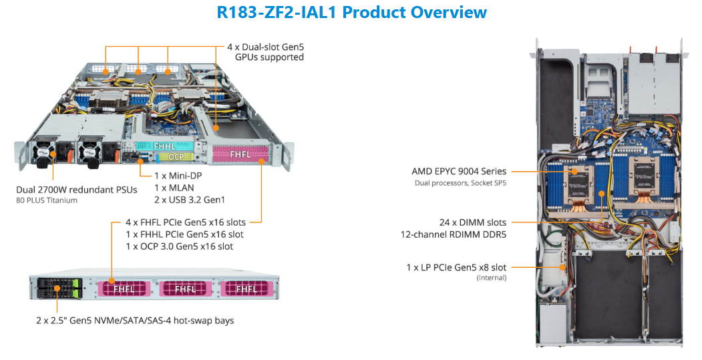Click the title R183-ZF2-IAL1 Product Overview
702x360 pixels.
[352, 12]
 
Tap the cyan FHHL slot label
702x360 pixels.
[164, 145]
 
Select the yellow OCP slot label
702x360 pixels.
[176, 157]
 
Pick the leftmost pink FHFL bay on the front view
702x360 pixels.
[125, 289]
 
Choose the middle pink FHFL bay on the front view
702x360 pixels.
[186, 289]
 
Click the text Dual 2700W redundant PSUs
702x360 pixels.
[77, 190]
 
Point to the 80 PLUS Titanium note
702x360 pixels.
[47, 200]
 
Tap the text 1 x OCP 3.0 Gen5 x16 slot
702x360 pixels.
[179, 246]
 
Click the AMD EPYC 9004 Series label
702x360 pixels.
[459, 172]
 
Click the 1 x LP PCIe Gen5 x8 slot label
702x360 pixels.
[456, 267]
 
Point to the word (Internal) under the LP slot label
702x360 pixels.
[491, 277]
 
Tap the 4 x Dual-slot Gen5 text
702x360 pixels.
[265, 47]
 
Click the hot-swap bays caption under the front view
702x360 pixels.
[135, 321]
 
